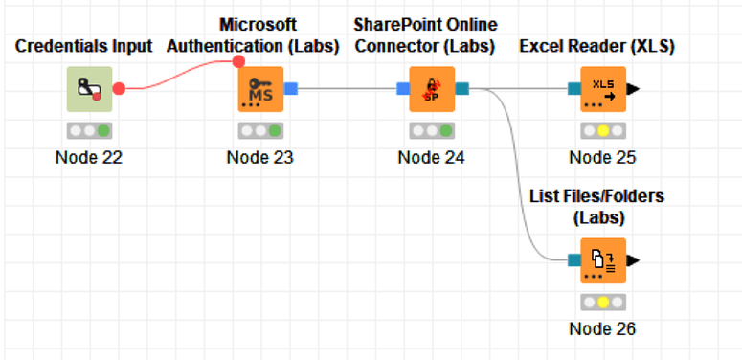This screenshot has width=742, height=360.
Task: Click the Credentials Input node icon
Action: (x=88, y=89)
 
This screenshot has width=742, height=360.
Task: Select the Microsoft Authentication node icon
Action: (x=260, y=89)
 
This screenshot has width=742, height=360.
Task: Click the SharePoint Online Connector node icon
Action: (x=431, y=89)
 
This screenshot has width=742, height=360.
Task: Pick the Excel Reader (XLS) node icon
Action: (x=603, y=89)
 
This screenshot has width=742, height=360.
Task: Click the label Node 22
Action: (x=88, y=157)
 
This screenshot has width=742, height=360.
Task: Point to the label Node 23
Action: (x=260, y=157)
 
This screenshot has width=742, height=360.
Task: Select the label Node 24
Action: (x=431, y=157)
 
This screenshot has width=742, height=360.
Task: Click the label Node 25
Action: (x=603, y=157)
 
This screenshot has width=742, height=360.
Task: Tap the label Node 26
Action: (x=603, y=328)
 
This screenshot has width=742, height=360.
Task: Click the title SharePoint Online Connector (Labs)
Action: (x=425, y=34)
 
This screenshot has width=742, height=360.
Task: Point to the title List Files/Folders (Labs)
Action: (x=597, y=207)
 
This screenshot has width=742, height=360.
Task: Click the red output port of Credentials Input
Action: (x=119, y=89)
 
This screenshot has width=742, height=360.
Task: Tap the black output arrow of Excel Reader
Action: (x=634, y=89)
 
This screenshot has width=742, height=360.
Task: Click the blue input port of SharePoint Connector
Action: (x=403, y=89)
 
